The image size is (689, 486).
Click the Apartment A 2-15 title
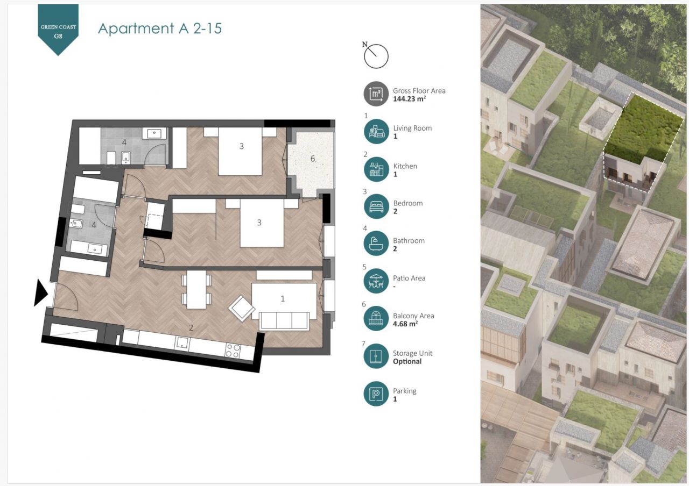click(160, 28)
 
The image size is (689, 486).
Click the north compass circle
click(376, 56)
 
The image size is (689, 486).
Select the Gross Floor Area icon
click(376, 94)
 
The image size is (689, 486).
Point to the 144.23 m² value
click(410, 98)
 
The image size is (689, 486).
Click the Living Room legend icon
click(376, 132)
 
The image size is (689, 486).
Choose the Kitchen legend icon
click(376, 169)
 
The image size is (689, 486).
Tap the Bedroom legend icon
click(376, 206)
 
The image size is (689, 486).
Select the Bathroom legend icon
click(376, 244)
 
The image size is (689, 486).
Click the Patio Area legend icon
click(376, 281)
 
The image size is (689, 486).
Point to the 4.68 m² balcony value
click(405, 324)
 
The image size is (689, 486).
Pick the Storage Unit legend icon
click(376, 356)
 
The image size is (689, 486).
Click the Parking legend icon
click(376, 394)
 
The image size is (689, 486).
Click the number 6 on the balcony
click(313, 159)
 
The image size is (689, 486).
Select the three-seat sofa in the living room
click(284, 321)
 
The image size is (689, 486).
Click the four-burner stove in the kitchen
click(233, 351)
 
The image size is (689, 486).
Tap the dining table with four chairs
click(196, 290)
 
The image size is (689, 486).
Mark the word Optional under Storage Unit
click(407, 362)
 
